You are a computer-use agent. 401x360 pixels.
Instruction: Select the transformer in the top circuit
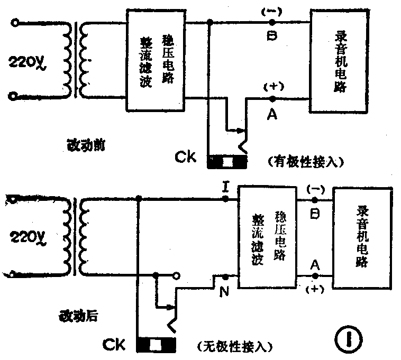75,59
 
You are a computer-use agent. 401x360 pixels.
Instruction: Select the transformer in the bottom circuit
75,236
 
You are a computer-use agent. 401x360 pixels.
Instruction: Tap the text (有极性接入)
305,161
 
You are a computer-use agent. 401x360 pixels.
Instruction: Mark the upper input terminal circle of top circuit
13,23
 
